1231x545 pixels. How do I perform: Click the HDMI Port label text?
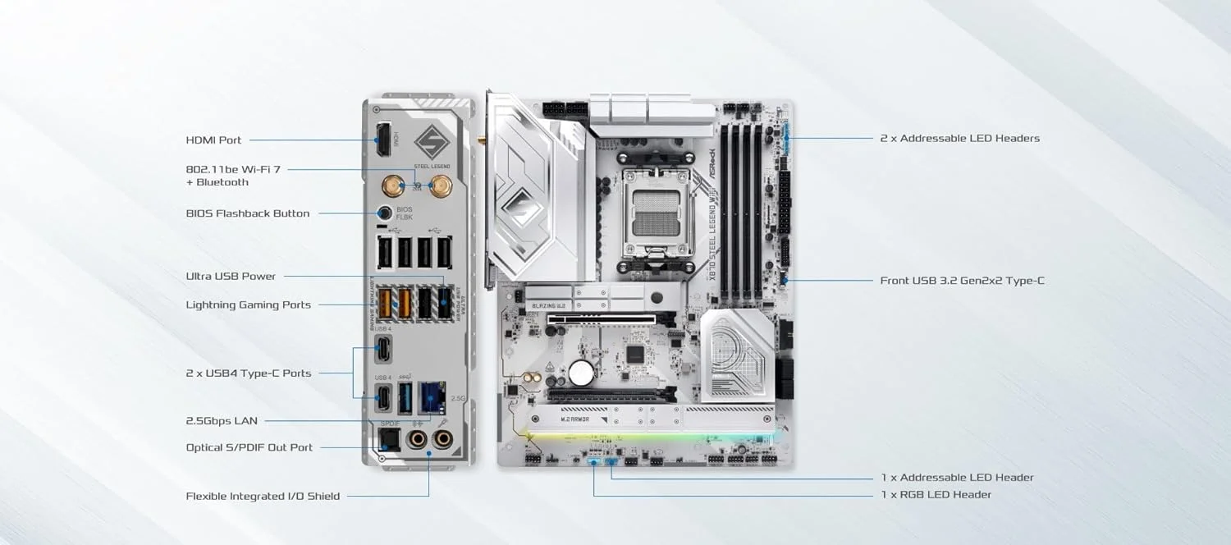[x=213, y=140]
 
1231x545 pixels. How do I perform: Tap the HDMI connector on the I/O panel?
[x=382, y=140]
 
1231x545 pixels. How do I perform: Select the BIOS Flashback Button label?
[x=248, y=213]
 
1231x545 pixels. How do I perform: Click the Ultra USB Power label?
[x=231, y=277]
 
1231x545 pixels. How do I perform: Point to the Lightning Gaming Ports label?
[x=248, y=305]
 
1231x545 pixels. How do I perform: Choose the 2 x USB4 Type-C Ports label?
[x=248, y=373]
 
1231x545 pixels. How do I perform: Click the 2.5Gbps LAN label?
[x=222, y=421]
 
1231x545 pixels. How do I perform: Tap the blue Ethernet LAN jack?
[x=430, y=398]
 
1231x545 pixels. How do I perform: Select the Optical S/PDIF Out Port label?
[x=249, y=448]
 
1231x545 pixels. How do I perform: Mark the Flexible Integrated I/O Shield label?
[x=263, y=497]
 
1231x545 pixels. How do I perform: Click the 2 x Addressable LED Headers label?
[x=959, y=139]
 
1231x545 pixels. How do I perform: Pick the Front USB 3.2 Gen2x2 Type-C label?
[x=962, y=281]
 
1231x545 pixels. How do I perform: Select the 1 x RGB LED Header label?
[x=936, y=495]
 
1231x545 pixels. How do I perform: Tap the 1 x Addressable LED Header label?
[x=957, y=478]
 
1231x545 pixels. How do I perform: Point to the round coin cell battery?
[x=581, y=372]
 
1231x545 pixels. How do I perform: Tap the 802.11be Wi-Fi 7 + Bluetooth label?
[x=233, y=176]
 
